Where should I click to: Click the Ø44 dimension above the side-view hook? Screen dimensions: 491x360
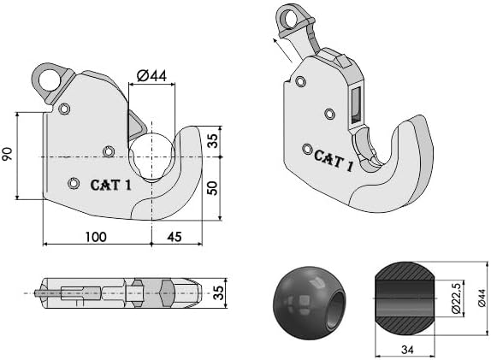tap(152, 76)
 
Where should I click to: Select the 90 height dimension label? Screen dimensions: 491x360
tap(7, 154)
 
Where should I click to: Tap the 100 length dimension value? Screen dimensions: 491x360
tap(96, 237)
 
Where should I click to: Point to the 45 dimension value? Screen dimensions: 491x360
tap(175, 237)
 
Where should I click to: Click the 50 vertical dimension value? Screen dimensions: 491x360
tap(213, 188)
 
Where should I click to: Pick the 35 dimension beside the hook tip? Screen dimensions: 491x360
tap(213, 140)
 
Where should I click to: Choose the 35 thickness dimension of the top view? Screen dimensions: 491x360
tap(219, 292)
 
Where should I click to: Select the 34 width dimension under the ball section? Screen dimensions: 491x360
tap(407, 350)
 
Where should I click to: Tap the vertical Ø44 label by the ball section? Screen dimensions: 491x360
tap(482, 298)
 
